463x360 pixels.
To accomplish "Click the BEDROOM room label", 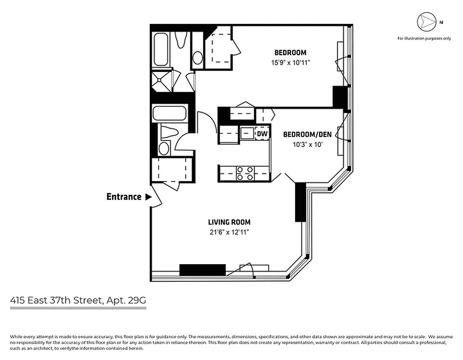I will [290, 53].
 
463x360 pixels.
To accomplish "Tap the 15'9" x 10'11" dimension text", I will [290, 63].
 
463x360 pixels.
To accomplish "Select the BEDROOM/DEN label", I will [307, 135].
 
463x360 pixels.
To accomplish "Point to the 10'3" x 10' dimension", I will [307, 145].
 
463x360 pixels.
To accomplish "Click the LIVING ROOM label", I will [229, 222].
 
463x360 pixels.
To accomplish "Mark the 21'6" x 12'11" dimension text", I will [229, 232].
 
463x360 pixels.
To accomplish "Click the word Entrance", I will [124, 197].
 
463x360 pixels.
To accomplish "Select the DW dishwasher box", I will [262, 134].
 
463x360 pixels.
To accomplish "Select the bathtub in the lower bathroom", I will [169, 113].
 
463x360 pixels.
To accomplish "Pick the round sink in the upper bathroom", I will [198, 58].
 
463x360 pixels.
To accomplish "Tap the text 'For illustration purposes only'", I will [424, 39].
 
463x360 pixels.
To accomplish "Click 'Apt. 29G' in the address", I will [127, 301].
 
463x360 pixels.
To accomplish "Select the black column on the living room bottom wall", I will [202, 270].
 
